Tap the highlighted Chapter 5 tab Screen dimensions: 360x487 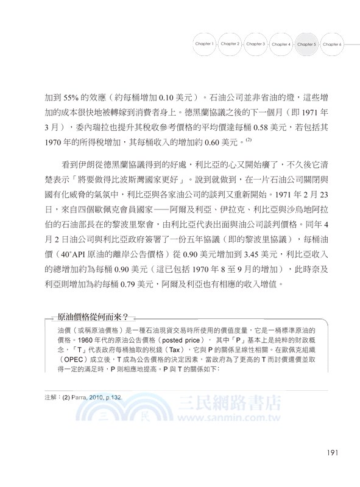click(306, 44)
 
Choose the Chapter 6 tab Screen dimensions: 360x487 click(332, 44)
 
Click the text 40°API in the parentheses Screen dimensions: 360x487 click(77, 250)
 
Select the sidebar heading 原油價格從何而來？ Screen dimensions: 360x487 click(93, 317)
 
